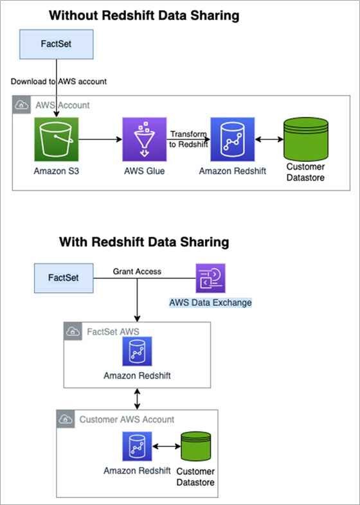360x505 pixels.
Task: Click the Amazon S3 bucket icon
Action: (x=57, y=139)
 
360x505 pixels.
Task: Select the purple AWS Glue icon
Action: (x=145, y=139)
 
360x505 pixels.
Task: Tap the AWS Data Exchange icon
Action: (x=210, y=278)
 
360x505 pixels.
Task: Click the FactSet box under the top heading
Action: (x=57, y=44)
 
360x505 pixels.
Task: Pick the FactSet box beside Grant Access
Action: (x=64, y=278)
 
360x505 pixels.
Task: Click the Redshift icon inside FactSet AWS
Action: (x=137, y=351)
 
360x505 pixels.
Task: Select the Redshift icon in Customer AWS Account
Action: (x=137, y=447)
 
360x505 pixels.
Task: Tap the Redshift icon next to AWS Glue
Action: (x=232, y=139)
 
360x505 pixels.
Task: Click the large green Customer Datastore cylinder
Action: (x=305, y=139)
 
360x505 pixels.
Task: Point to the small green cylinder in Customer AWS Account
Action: (x=195, y=447)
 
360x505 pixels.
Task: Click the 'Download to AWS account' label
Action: (x=59, y=82)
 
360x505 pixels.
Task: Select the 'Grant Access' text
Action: (x=137, y=272)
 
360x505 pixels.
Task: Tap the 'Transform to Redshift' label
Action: (x=188, y=139)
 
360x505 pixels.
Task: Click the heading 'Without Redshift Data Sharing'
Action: (x=144, y=15)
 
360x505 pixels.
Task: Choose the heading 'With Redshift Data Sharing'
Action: (x=144, y=242)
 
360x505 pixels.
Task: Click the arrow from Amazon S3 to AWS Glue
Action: (x=100, y=139)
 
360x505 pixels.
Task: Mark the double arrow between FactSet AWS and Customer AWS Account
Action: (x=138, y=399)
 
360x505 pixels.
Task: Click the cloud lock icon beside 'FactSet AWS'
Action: (x=73, y=331)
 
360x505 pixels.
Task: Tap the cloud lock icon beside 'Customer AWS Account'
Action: (x=66, y=419)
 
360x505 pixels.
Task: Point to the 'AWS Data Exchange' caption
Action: (x=210, y=303)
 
